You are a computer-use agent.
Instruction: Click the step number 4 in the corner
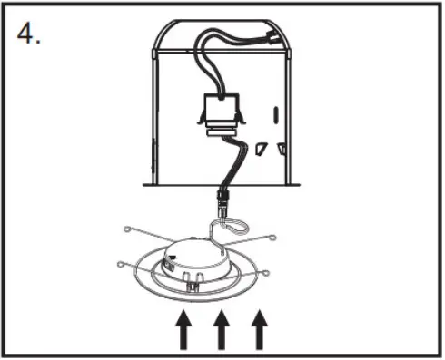point(29,34)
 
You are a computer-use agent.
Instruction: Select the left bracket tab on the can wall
point(261,147)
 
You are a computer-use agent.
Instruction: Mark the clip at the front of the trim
point(192,283)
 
